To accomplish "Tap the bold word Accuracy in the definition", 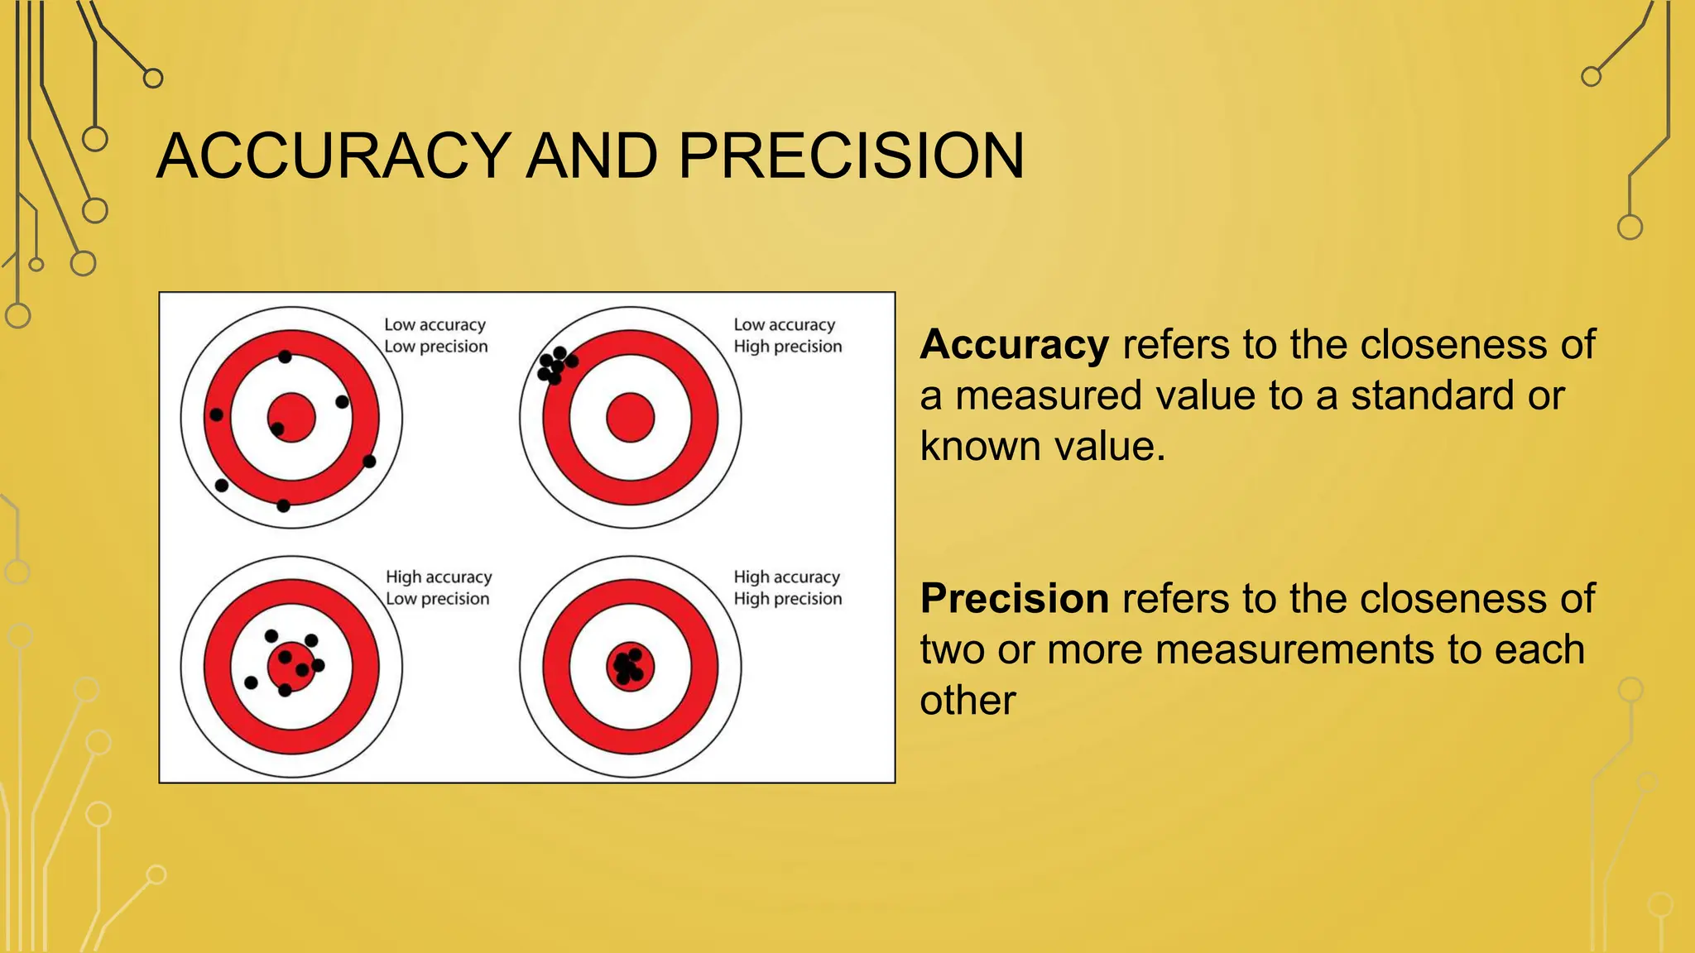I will click(1014, 344).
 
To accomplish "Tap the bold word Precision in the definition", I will click(1015, 598).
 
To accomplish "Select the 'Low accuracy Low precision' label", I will click(435, 336).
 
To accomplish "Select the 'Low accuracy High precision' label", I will click(787, 336).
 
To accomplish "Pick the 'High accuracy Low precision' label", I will click(438, 587).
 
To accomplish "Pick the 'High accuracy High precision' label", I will click(787, 587).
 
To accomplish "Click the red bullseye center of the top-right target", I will click(631, 418).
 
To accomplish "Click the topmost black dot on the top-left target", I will click(285, 357).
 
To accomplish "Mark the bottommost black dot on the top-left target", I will click(283, 505).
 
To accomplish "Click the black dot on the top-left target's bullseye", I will click(277, 429).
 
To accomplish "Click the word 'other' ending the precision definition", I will click(967, 701).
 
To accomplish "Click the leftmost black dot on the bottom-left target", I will click(251, 682).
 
